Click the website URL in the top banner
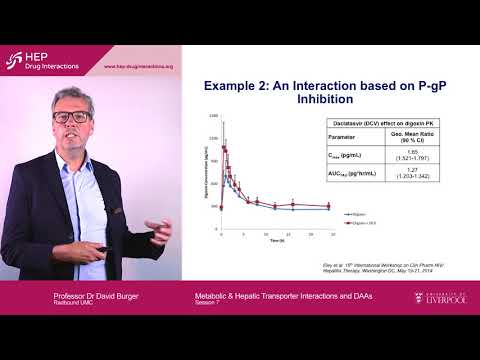(x=140, y=67)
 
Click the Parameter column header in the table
(x=329, y=137)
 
